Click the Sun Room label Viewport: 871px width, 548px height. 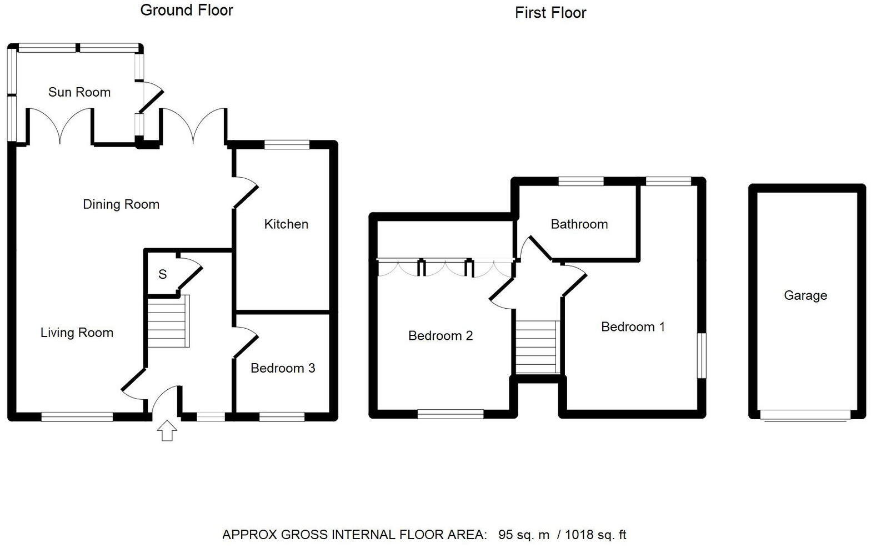pos(79,92)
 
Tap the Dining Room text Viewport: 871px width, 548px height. pos(121,204)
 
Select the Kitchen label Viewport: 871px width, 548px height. pos(286,224)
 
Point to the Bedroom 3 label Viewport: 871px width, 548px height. pos(283,368)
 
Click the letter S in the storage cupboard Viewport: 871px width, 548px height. pos(162,274)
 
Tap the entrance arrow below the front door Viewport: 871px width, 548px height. pos(167,430)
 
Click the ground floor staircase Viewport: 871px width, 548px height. pos(168,321)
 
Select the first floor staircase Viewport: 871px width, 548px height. pos(537,347)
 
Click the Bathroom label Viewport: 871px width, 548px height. pos(579,224)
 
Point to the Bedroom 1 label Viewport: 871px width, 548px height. pos(633,327)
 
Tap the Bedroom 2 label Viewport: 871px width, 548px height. pos(440,336)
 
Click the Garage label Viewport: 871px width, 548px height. pos(805,295)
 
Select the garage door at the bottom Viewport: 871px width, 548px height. pos(805,415)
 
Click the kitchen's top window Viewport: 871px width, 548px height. pos(287,145)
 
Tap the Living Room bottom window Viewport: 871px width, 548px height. pos(77,416)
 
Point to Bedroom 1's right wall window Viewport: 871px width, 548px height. pos(702,355)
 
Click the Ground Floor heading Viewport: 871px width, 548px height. pos(187,10)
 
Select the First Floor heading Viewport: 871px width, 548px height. pos(550,13)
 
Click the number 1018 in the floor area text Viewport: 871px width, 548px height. pos(580,535)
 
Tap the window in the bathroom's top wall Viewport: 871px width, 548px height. pos(581,181)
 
